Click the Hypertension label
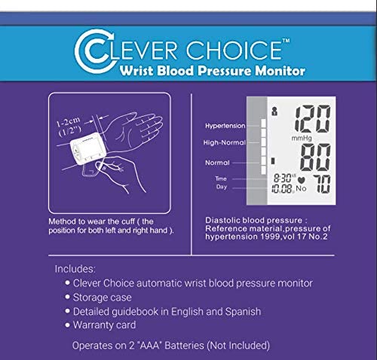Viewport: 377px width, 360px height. (x=224, y=126)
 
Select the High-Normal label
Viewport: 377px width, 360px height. (x=224, y=142)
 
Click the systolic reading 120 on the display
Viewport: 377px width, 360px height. (x=312, y=118)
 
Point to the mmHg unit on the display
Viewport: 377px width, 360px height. (x=304, y=139)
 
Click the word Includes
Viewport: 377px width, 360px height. (x=75, y=268)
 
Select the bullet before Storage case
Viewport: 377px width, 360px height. (x=68, y=297)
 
